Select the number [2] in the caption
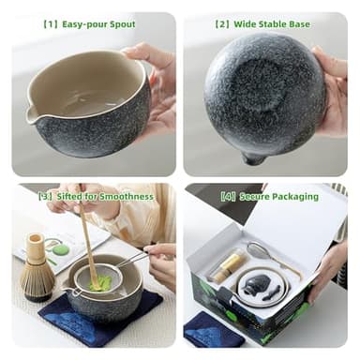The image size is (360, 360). click(222, 24)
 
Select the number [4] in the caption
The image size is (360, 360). click(228, 196)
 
